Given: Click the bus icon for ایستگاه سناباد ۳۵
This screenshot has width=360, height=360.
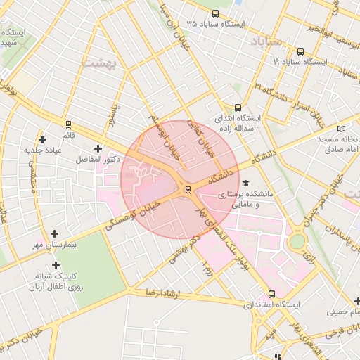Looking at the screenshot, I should click(214, 13).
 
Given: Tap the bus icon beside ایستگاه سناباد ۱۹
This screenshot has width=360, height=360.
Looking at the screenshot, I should click(301, 51).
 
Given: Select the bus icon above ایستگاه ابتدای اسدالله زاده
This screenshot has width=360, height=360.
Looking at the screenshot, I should click(238, 108).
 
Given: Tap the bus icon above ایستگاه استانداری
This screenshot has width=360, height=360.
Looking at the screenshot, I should click(272, 294).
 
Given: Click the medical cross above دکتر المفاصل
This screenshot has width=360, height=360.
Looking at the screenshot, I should click(97, 148).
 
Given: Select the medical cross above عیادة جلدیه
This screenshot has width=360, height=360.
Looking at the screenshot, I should click(43, 139).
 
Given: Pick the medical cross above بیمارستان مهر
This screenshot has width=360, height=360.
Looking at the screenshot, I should click(55, 233).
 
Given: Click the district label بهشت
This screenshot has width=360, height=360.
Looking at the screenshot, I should click(98, 62).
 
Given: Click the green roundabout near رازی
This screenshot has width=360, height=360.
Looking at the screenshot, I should click(297, 241).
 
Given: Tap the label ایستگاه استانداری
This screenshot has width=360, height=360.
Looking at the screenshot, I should click(271, 306).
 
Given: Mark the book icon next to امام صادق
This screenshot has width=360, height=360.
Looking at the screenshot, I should click(342, 129).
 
